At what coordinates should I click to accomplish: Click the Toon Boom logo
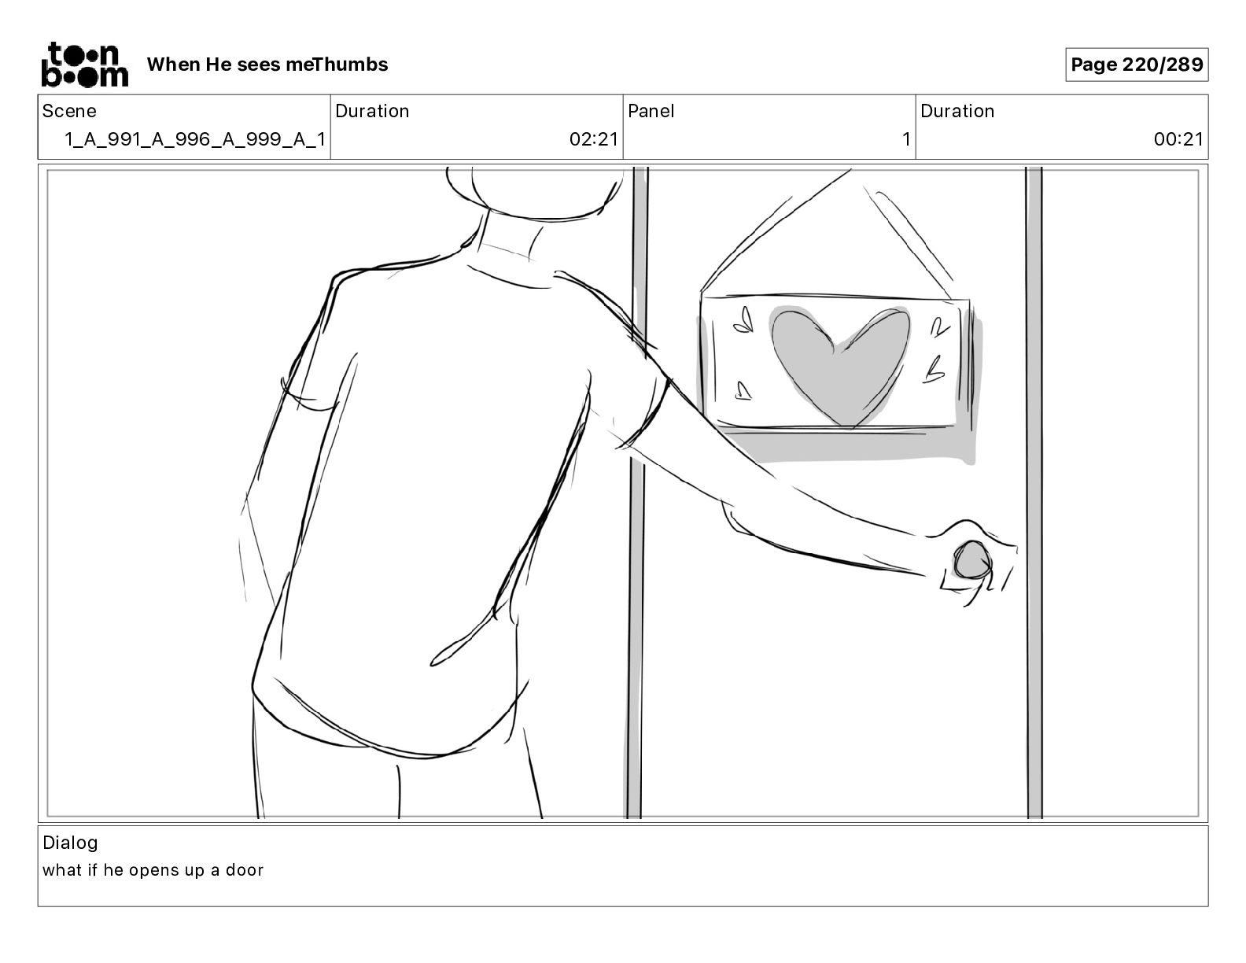coord(83,64)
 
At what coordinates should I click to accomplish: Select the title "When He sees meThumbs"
coord(267,65)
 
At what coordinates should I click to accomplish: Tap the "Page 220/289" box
coord(1137,65)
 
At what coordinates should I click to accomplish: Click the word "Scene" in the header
coord(69,111)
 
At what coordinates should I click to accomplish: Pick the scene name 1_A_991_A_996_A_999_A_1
coord(194,140)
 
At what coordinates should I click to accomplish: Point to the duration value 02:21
coord(594,140)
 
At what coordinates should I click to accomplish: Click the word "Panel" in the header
coord(651,111)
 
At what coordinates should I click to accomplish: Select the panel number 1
coord(905,140)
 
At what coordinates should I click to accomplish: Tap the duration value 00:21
coord(1178,140)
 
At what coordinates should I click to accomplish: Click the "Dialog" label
coord(70,843)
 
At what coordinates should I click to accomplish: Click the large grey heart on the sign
coord(839,362)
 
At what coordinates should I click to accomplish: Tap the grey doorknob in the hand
coord(973,561)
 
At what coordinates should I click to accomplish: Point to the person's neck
coord(507,232)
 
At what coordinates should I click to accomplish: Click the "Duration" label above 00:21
coord(957,111)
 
